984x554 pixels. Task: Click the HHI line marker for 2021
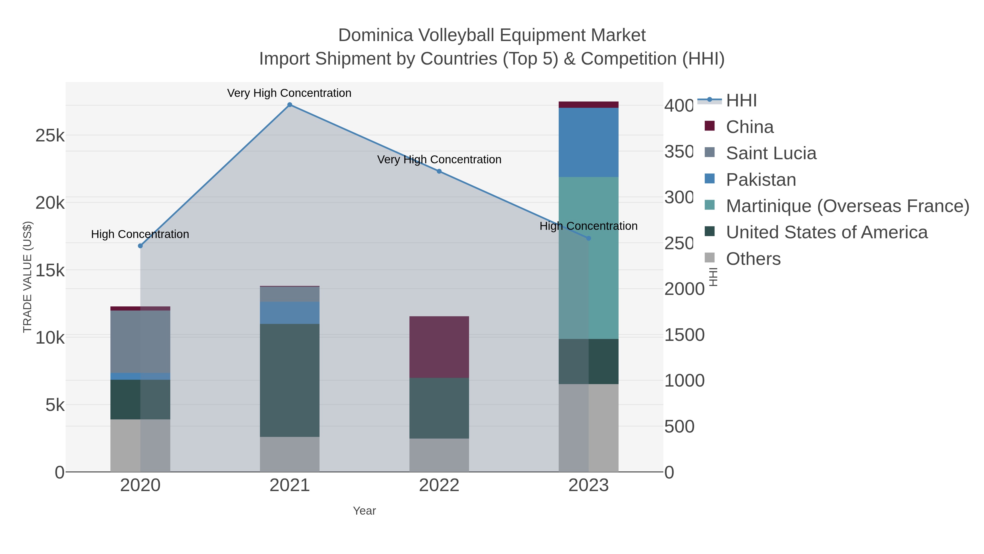pyautogui.click(x=289, y=105)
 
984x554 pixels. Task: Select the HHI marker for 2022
pyautogui.click(x=439, y=171)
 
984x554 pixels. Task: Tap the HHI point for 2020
pyautogui.click(x=140, y=246)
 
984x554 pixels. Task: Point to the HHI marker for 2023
pyautogui.click(x=588, y=238)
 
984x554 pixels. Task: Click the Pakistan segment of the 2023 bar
pyautogui.click(x=588, y=142)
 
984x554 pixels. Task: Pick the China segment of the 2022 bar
pyautogui.click(x=439, y=347)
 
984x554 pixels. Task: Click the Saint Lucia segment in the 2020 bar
pyautogui.click(x=140, y=341)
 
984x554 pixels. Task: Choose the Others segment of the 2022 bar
pyautogui.click(x=439, y=455)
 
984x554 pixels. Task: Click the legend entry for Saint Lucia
pyautogui.click(x=771, y=153)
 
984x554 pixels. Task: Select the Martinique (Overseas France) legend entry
pyautogui.click(x=847, y=206)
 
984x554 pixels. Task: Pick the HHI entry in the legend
pyautogui.click(x=741, y=101)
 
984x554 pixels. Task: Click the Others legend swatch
pyautogui.click(x=709, y=258)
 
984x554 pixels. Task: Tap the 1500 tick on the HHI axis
pyautogui.click(x=684, y=335)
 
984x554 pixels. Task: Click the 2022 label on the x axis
pyautogui.click(x=439, y=486)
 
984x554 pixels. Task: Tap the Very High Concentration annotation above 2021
pyautogui.click(x=289, y=93)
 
